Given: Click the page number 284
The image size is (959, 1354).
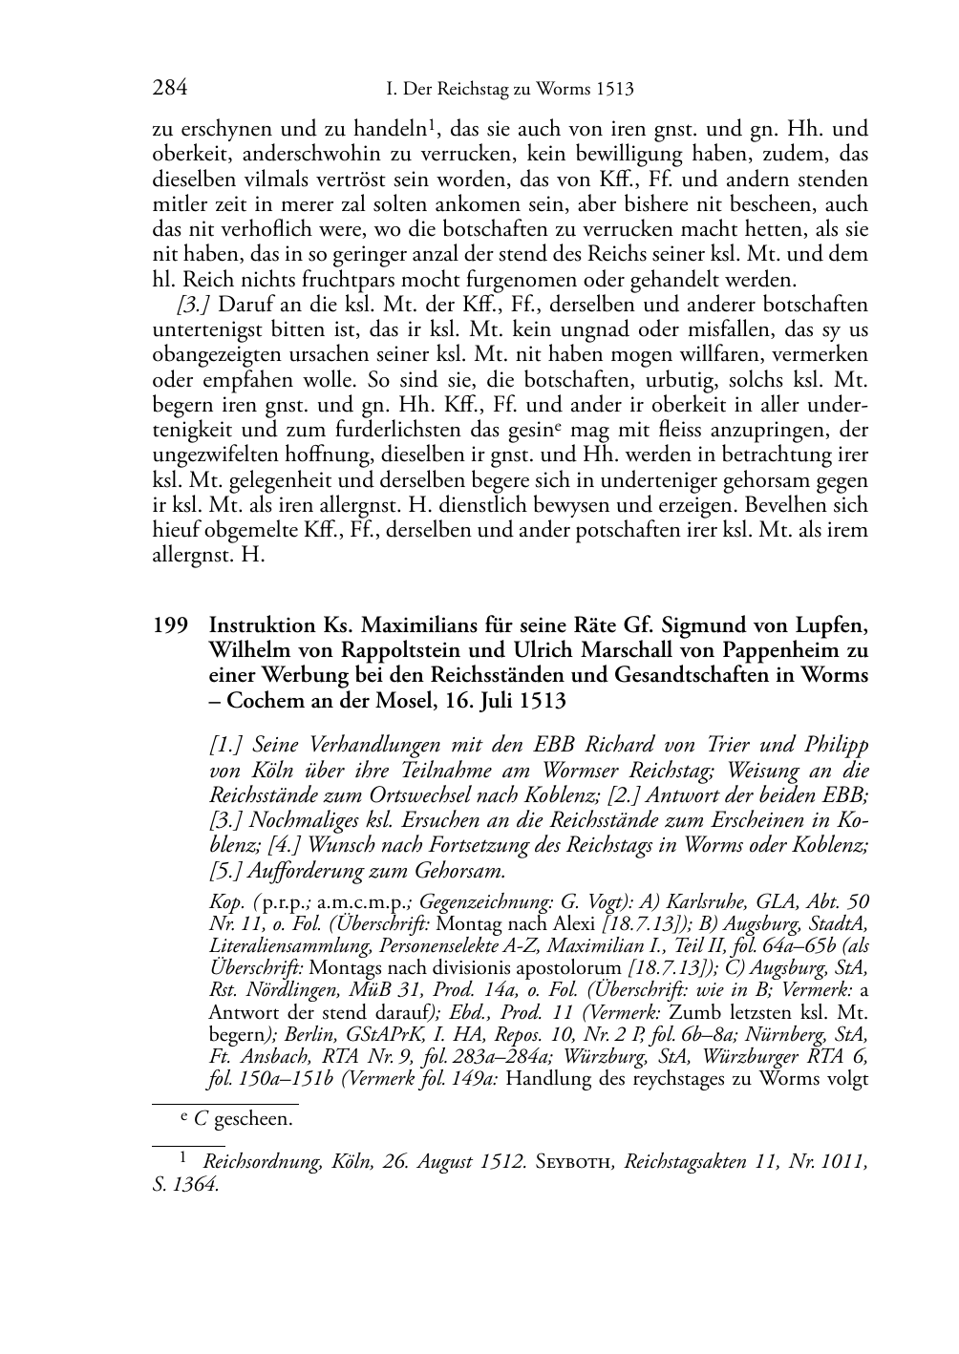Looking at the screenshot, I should point(169,89).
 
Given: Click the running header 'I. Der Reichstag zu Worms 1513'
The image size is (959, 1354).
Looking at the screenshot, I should point(509,90).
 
